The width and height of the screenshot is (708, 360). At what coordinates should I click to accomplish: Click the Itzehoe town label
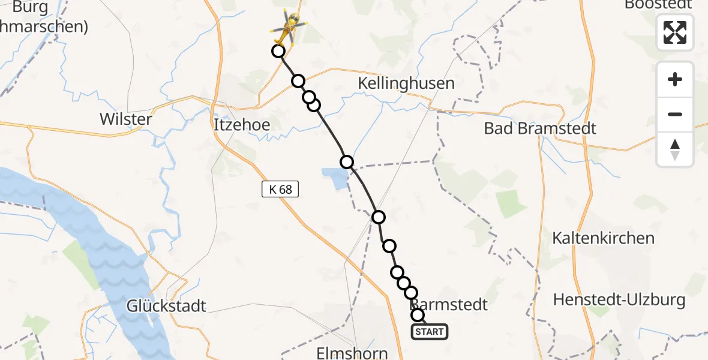click(x=242, y=125)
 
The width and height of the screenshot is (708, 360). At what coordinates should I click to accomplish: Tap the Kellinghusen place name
click(x=406, y=83)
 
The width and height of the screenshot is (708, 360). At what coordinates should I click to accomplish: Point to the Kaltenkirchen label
click(x=604, y=238)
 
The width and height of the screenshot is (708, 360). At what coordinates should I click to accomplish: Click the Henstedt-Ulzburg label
click(x=619, y=299)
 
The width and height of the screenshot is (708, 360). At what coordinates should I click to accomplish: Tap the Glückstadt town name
click(x=166, y=306)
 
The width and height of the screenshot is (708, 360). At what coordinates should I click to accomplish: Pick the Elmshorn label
click(x=353, y=353)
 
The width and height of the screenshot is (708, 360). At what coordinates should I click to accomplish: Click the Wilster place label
click(x=126, y=119)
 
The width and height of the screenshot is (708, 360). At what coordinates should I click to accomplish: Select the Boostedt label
click(x=658, y=5)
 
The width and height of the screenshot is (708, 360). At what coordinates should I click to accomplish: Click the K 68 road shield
click(x=280, y=190)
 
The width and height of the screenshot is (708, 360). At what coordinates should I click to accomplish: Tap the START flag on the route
click(x=430, y=332)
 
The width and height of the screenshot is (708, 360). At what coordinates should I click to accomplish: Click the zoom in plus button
click(x=675, y=79)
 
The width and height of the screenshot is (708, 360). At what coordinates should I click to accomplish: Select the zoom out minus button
click(x=675, y=114)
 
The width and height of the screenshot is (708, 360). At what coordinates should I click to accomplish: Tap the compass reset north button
click(x=675, y=149)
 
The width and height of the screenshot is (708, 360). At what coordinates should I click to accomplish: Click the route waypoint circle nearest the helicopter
click(x=278, y=51)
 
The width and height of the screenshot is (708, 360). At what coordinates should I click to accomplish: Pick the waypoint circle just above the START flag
click(x=418, y=315)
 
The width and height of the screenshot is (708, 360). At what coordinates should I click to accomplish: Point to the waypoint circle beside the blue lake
click(x=347, y=161)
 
